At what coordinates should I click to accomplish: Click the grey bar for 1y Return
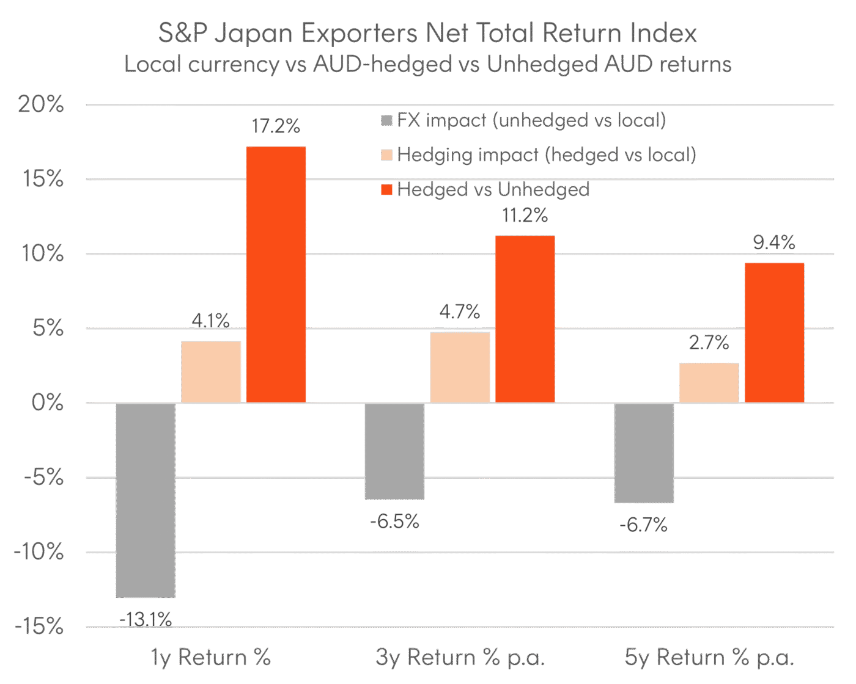click(146, 500)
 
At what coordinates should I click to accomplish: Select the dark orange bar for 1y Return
click(276, 274)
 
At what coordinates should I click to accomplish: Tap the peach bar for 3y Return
click(460, 367)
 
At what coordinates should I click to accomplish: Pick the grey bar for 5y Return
click(644, 453)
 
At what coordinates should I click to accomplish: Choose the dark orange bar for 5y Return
click(774, 332)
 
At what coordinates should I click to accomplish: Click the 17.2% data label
click(276, 126)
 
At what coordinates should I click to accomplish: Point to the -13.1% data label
click(146, 620)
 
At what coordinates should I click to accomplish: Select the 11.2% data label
click(525, 216)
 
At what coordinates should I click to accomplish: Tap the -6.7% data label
click(644, 525)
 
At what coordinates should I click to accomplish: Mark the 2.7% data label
click(709, 343)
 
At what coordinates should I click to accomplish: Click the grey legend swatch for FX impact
click(386, 120)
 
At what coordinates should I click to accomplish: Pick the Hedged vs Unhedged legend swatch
click(386, 190)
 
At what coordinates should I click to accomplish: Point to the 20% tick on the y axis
click(40, 104)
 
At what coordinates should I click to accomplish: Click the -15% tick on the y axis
click(38, 627)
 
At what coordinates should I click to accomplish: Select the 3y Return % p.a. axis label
click(460, 658)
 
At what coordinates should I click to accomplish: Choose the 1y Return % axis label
click(210, 658)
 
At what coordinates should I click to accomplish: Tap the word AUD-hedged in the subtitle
click(382, 64)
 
